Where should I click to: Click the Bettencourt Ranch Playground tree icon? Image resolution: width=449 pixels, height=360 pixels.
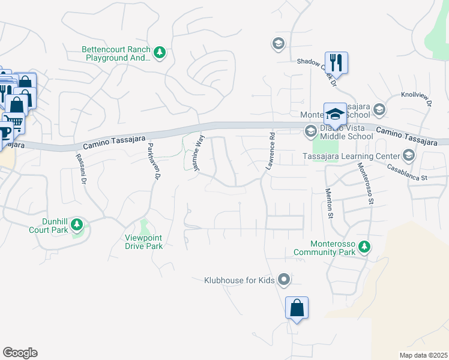pos(160,53)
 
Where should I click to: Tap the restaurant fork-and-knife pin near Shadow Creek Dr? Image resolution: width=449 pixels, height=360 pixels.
pos(336,62)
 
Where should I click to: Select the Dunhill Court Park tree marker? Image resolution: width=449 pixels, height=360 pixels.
pos(76,225)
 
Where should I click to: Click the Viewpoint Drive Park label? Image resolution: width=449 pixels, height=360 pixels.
pos(143,242)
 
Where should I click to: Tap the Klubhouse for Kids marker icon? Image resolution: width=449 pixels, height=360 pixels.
pos(285,280)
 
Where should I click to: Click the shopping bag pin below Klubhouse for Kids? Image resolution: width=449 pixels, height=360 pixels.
pos(297,308)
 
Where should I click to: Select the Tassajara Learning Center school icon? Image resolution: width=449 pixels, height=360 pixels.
pos(409,157)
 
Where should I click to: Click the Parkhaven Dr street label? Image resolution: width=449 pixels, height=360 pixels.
pos(154,161)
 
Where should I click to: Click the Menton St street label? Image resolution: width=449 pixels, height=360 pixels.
pos(329,202)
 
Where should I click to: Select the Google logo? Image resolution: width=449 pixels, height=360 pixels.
pos(20,353)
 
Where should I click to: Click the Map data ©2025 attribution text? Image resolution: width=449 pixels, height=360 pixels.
pos(423,355)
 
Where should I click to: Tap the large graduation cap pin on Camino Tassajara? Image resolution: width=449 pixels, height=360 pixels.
pos(335,113)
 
